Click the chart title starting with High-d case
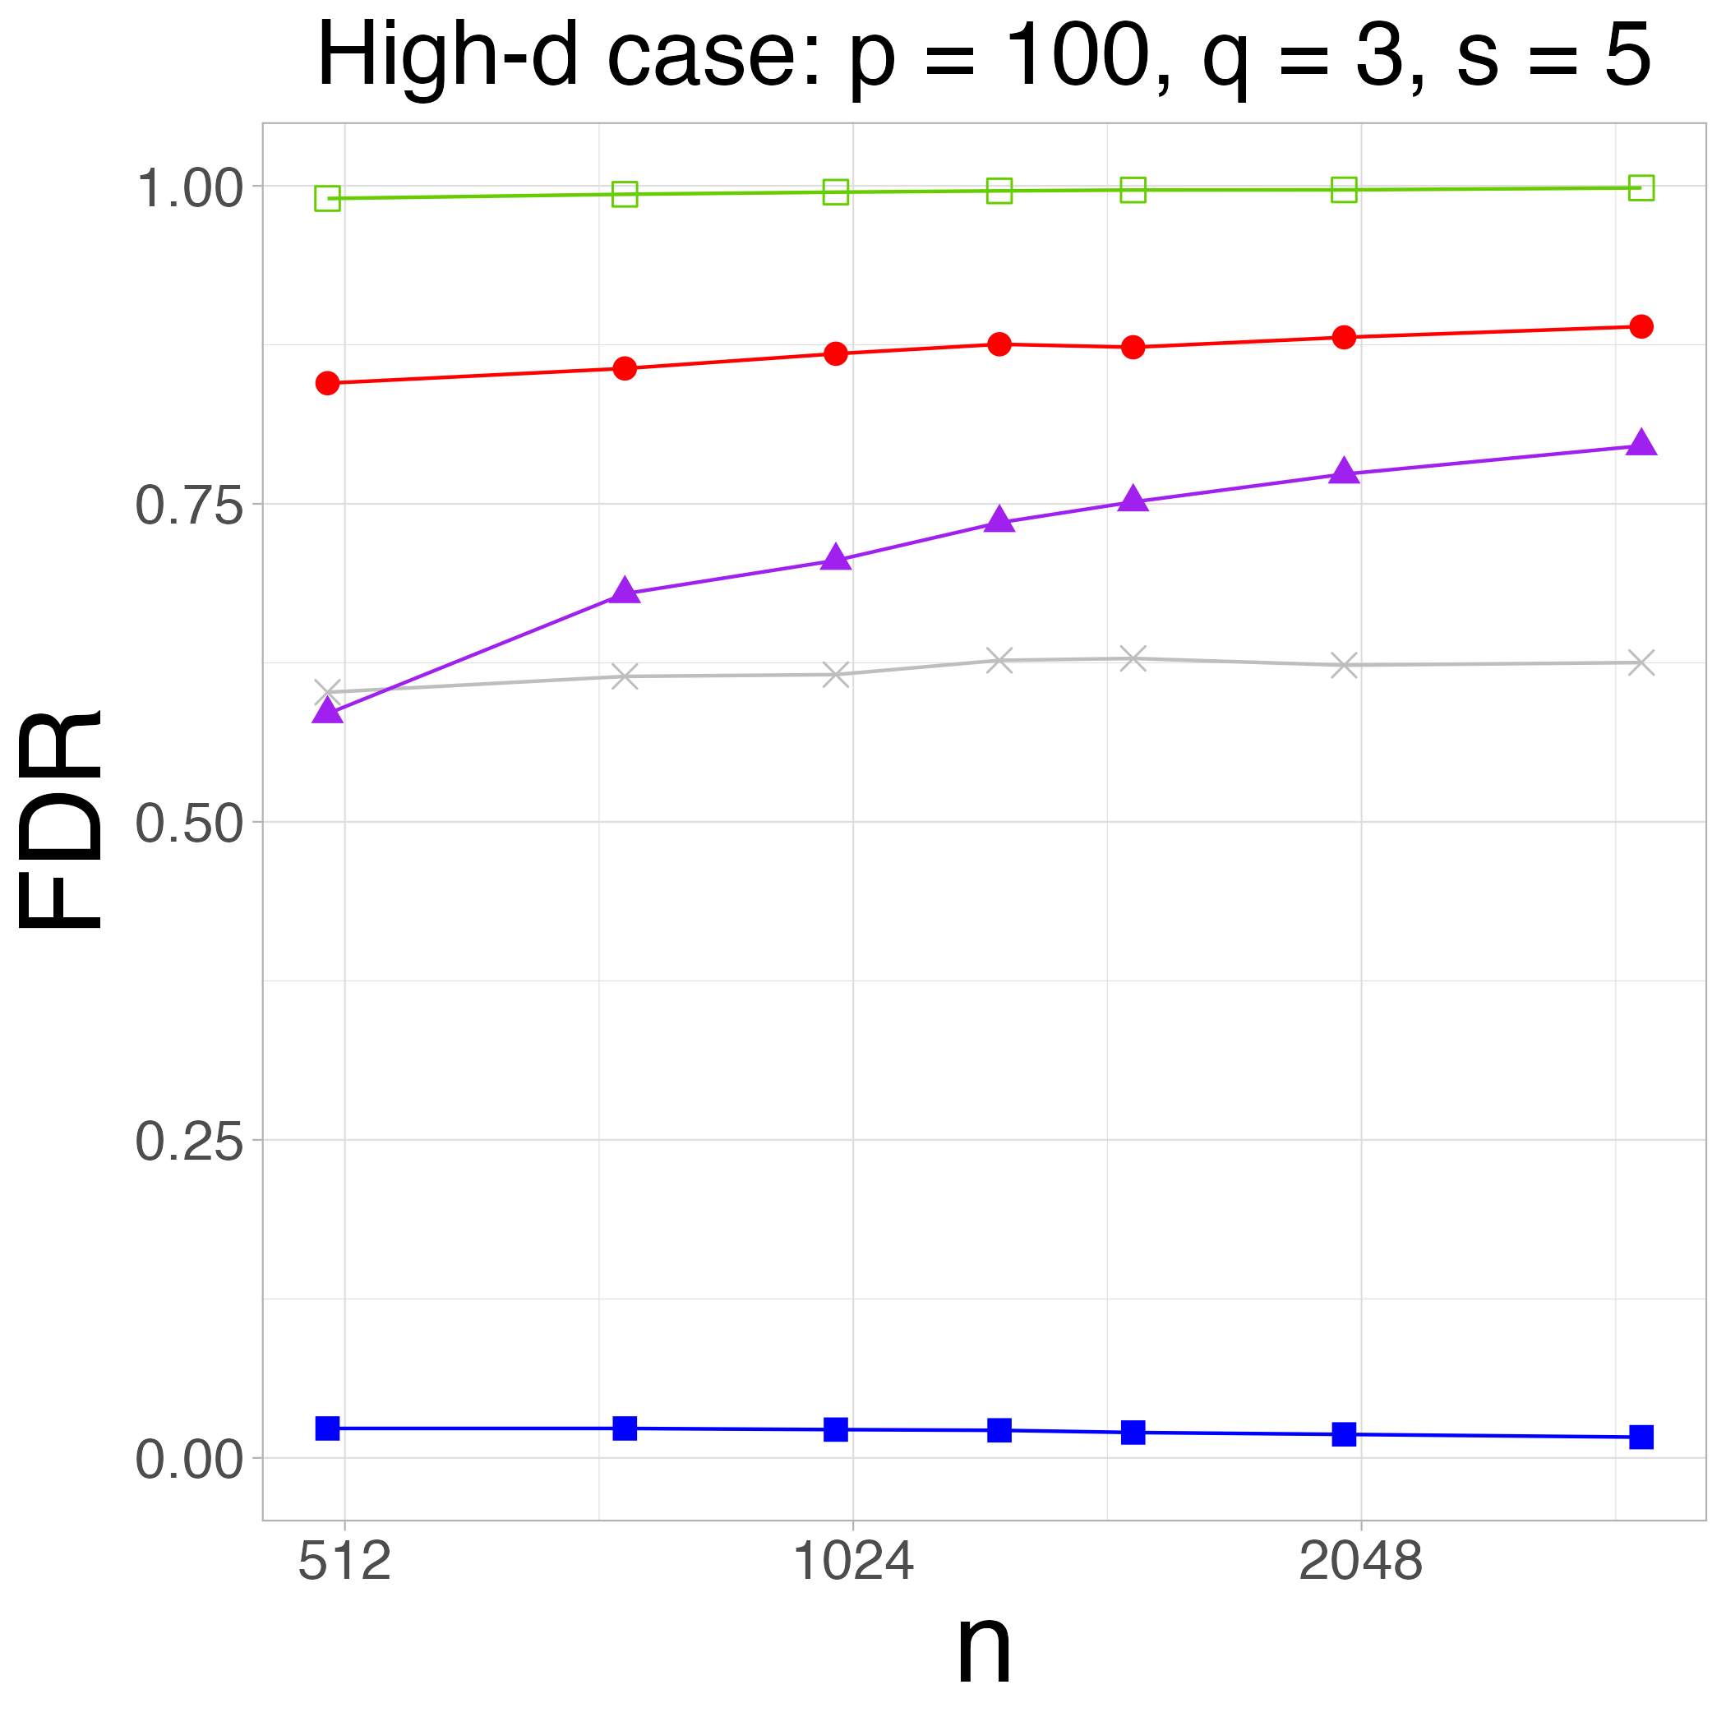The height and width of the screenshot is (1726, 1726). pos(983,55)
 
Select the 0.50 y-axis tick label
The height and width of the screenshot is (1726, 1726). pos(188,824)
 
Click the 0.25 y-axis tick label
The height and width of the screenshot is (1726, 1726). pos(188,1142)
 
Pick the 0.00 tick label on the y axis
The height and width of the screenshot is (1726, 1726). pos(188,1460)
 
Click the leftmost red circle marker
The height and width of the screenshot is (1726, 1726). pos(328,383)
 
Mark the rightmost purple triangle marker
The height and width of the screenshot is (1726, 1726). pos(1641,443)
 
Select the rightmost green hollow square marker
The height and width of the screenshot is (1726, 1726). pos(1641,187)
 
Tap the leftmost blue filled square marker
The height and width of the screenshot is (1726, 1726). pos(328,1428)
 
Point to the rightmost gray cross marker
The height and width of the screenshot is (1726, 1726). pos(1641,663)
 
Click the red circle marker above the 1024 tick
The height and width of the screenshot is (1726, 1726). pos(835,353)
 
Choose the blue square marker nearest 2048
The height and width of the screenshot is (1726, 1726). pos(1344,1434)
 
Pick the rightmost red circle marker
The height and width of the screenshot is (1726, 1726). pos(1641,326)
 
